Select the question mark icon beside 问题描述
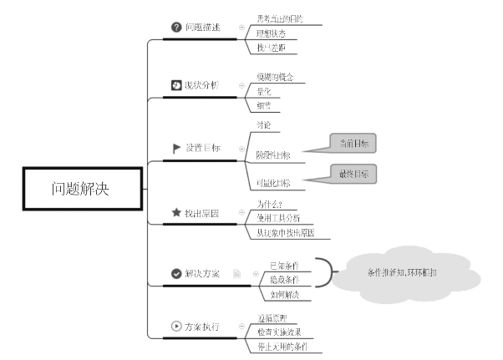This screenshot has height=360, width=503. (176, 28)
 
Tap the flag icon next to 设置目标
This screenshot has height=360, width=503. (176, 148)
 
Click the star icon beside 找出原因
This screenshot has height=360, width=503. (176, 213)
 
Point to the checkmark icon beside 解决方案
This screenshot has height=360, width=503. (176, 273)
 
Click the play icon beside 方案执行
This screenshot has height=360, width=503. (176, 326)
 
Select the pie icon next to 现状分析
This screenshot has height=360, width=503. (176, 85)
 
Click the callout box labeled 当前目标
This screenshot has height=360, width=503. (353, 145)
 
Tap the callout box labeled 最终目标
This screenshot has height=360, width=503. (353, 175)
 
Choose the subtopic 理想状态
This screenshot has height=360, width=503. (271, 33)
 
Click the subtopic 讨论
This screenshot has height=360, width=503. (263, 125)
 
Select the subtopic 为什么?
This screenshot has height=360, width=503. (269, 203)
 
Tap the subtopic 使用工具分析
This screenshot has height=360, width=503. (279, 218)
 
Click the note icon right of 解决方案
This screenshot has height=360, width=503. (237, 273)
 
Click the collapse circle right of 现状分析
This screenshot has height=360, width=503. (242, 85)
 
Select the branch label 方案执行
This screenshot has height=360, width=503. (202, 326)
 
